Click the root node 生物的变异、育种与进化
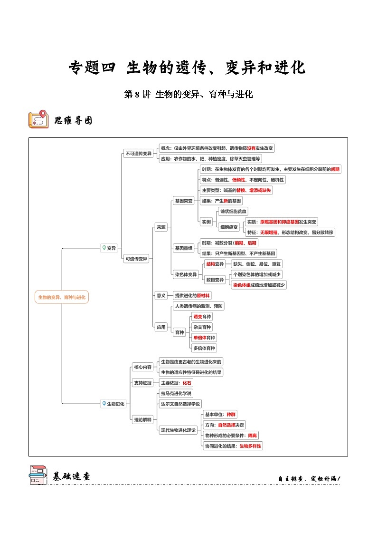tap(62, 297)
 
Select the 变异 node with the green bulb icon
tap(110, 248)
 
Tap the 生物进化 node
tap(113, 404)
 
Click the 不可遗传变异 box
tap(138, 153)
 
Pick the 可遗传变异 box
tap(137, 259)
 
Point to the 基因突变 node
tap(184, 201)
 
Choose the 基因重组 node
tap(184, 248)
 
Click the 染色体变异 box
tap(186, 274)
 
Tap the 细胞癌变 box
tap(229, 227)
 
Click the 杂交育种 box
tap(202, 327)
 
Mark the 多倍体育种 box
tap(204, 348)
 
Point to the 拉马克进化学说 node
tap(176, 393)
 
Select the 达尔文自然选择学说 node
tap(180, 404)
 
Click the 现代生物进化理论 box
tap(179, 430)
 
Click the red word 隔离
tap(252, 435)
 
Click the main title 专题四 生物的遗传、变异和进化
tap(188, 68)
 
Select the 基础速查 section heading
tap(71, 476)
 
